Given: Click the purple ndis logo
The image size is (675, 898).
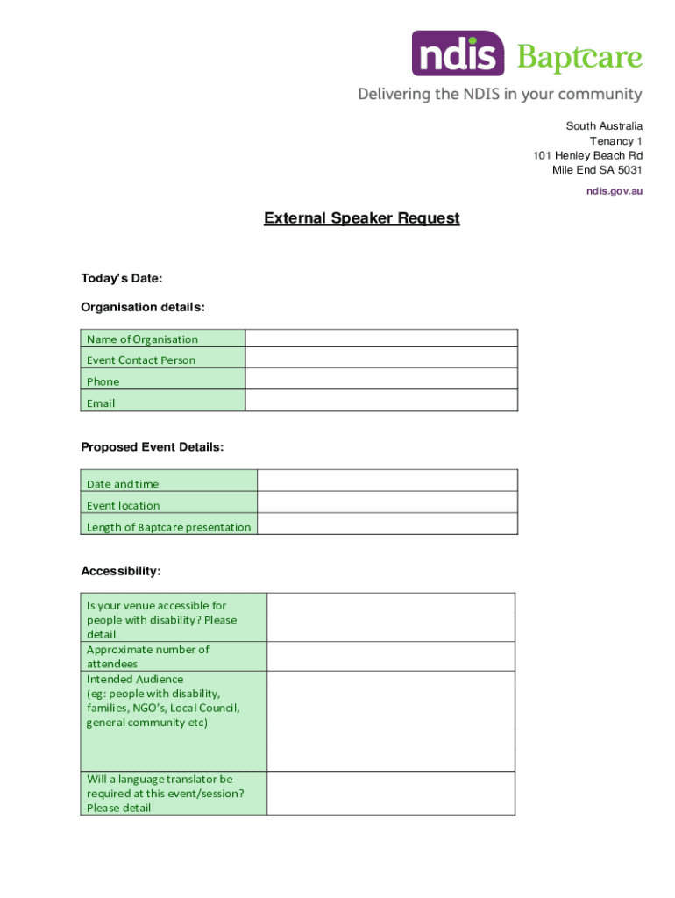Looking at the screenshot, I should [458, 53].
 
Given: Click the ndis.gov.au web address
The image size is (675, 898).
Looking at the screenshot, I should [615, 190].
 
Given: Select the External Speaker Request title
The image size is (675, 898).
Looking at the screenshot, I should [361, 218].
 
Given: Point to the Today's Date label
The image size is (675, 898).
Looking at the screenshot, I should [122, 278].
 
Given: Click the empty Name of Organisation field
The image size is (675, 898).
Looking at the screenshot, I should [381, 339].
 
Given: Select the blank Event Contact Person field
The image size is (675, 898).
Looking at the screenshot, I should [381, 360].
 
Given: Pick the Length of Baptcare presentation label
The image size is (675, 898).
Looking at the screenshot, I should [168, 527].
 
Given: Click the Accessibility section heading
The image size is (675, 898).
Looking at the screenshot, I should [121, 571].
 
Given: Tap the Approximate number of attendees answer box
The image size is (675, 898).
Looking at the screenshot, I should [391, 656].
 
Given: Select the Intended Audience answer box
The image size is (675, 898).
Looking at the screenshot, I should [391, 721].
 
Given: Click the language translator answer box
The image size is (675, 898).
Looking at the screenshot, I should [391, 793].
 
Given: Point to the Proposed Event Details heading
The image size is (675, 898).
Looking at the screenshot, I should [153, 447].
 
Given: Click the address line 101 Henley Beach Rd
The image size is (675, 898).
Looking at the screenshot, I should [587, 155].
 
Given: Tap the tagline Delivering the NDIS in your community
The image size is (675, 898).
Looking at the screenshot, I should [500, 94].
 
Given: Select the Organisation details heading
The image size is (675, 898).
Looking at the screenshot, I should [143, 307].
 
